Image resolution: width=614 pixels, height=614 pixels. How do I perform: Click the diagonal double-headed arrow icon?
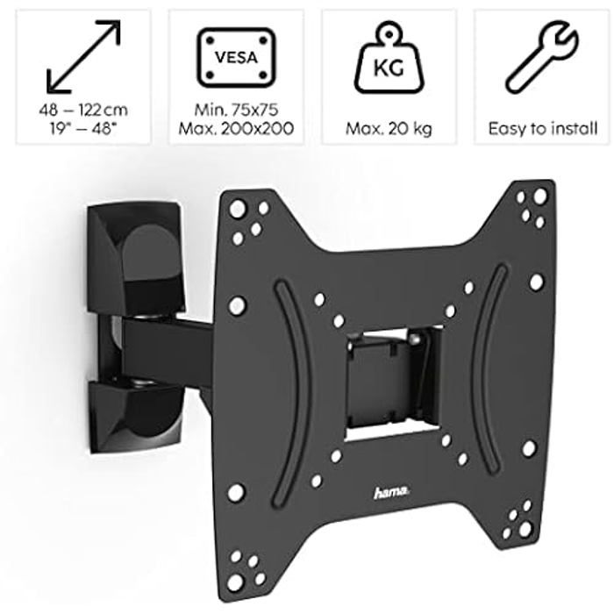tap(83, 58)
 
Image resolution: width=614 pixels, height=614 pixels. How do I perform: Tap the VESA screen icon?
tap(236, 58)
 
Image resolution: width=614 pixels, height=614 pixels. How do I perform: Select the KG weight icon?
tap(389, 61)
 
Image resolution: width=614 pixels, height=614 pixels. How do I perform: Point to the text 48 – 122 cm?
tap(83, 111)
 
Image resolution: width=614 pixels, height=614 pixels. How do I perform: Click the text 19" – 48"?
tap(83, 129)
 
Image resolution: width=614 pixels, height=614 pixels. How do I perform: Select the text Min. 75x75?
tap(236, 111)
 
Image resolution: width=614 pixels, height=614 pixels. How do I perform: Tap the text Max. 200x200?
tap(236, 129)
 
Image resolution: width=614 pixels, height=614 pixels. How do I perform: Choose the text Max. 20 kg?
tap(389, 129)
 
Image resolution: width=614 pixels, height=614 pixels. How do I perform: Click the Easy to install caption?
tap(542, 129)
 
